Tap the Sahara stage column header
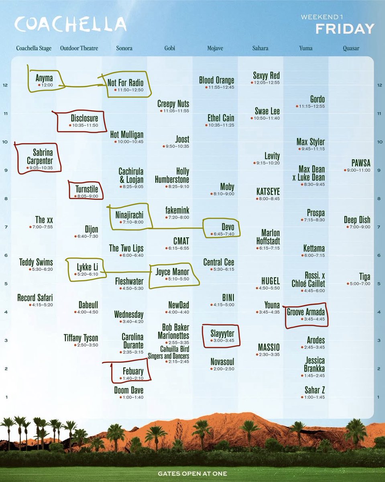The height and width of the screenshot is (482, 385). (x=261, y=48)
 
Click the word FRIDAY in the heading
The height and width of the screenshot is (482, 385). (x=344, y=29)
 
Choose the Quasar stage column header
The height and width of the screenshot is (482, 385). (x=351, y=48)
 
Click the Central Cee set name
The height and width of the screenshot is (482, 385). (x=219, y=262)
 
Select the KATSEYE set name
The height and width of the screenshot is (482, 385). (x=268, y=192)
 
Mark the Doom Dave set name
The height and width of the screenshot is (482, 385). (x=128, y=390)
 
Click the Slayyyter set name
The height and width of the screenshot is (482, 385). (x=222, y=333)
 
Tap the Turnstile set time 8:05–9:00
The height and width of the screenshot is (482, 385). (x=86, y=197)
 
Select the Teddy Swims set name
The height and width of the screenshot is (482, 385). (x=36, y=262)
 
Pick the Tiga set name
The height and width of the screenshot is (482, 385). (x=365, y=277)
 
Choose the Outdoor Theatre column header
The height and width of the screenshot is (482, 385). (x=79, y=48)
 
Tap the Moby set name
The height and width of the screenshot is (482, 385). (x=227, y=187)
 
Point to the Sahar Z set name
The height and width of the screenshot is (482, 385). (x=315, y=390)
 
